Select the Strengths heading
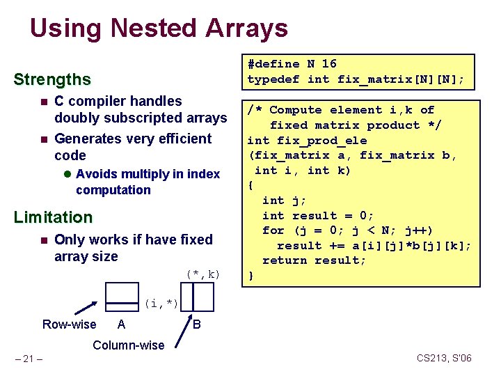pyautogui.click(x=52, y=80)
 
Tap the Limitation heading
pyautogui.click(x=53, y=217)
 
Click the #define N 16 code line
pyautogui.click(x=292, y=63)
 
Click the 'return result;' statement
pyautogui.click(x=314, y=260)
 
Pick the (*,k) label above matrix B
pyautogui.click(x=202, y=274)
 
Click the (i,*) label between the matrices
pyautogui.click(x=161, y=304)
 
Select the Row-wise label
pyautogui.click(x=70, y=324)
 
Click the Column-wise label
pyautogui.click(x=129, y=345)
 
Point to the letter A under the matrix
pyautogui.click(x=122, y=324)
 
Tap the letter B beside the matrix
pyautogui.click(x=197, y=324)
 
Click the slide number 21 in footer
pyautogui.click(x=30, y=359)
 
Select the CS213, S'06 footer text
pyautogui.click(x=444, y=358)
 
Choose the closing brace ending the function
pyautogui.click(x=252, y=276)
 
